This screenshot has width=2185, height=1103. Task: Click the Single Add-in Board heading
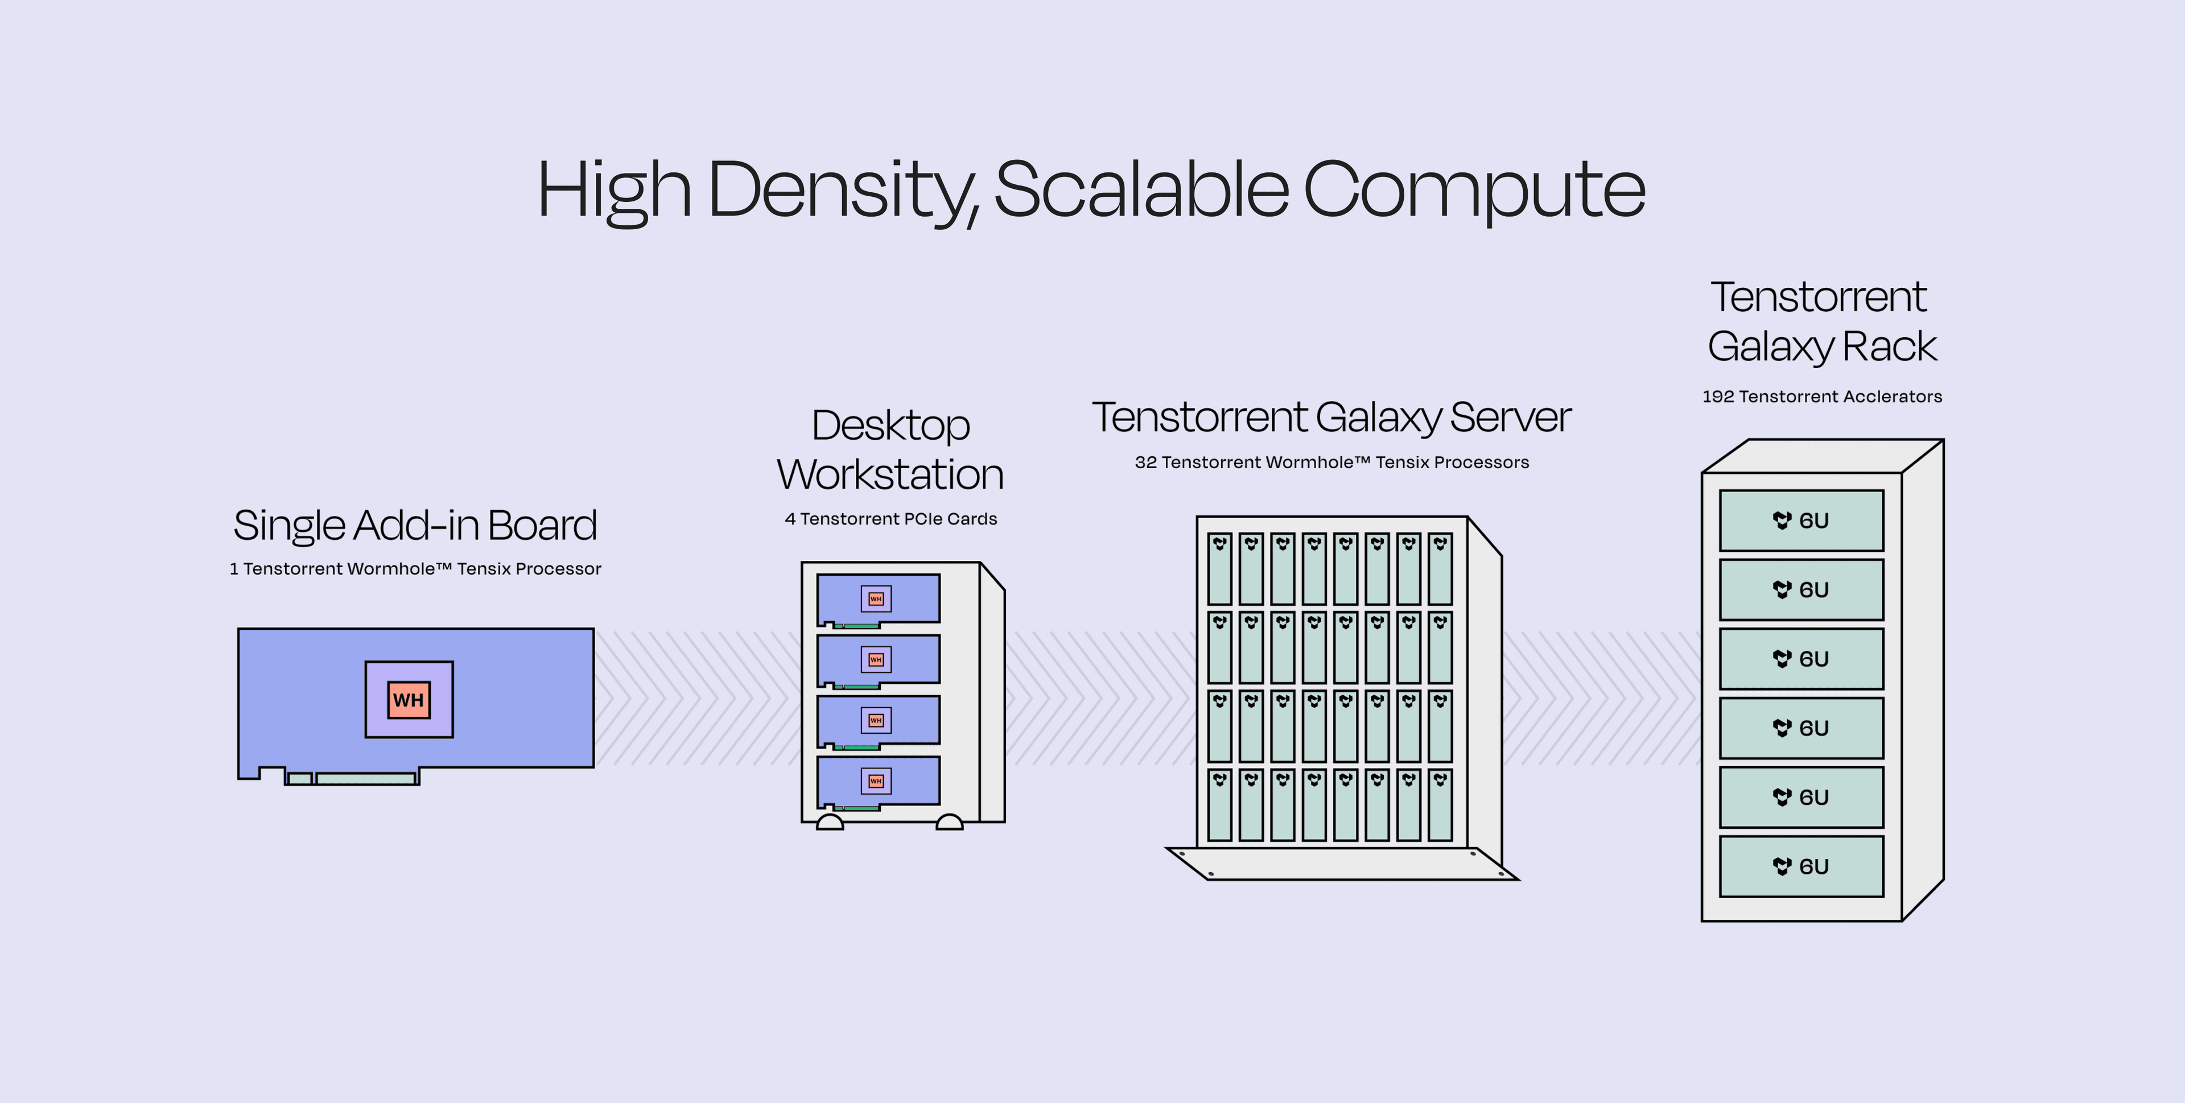click(415, 525)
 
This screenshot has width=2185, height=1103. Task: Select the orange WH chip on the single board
click(409, 700)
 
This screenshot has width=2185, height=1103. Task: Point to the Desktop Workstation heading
click(891, 449)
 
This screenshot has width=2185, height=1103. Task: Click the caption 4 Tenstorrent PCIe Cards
click(891, 519)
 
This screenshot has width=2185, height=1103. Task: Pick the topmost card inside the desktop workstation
click(878, 598)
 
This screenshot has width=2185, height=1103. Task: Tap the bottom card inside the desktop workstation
click(878, 780)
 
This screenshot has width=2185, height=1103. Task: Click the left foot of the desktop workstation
click(830, 823)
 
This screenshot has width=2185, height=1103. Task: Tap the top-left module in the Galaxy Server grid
click(1220, 568)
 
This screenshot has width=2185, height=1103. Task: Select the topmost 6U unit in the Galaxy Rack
click(1801, 520)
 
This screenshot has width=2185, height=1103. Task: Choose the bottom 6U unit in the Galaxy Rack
click(1801, 866)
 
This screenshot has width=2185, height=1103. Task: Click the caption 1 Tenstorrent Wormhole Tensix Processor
click(415, 569)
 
